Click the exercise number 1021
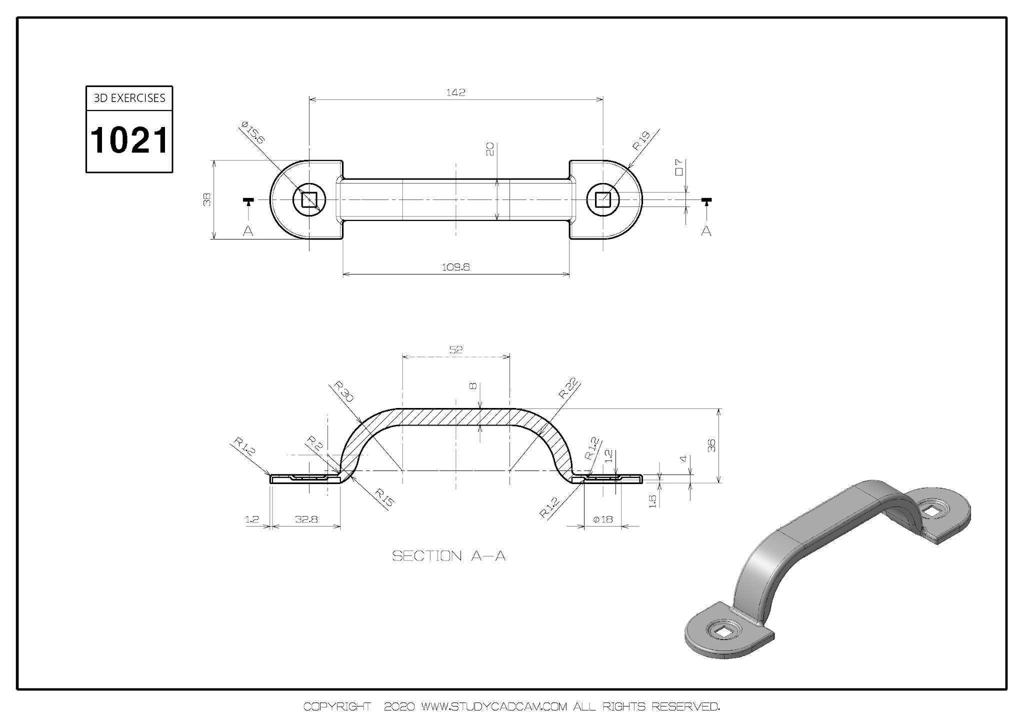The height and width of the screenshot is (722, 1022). tap(129, 140)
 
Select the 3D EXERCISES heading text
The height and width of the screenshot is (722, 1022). tap(129, 98)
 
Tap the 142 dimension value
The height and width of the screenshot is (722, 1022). tap(455, 92)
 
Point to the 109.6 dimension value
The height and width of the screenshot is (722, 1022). tap(456, 267)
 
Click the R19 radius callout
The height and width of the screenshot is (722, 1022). tap(641, 140)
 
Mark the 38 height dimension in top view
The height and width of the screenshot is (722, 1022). tap(207, 199)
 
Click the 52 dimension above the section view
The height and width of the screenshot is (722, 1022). tap(456, 349)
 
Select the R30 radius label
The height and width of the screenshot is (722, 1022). tap(343, 391)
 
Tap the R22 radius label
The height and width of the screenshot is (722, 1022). tap(568, 388)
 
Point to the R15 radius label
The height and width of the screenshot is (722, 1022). tap(384, 498)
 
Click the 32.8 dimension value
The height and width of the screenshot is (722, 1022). tap(306, 519)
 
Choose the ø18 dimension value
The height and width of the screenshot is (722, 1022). tap(602, 519)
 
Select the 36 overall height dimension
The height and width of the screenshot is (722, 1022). tap(712, 445)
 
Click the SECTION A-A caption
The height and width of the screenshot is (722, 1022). tap(448, 556)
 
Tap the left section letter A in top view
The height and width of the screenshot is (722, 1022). tap(248, 230)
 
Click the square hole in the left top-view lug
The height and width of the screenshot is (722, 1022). tap(309, 200)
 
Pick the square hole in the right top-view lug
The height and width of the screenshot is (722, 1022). tap(603, 200)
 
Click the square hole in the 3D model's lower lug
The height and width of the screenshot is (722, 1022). tap(722, 632)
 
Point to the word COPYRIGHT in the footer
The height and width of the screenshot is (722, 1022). tap(337, 706)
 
